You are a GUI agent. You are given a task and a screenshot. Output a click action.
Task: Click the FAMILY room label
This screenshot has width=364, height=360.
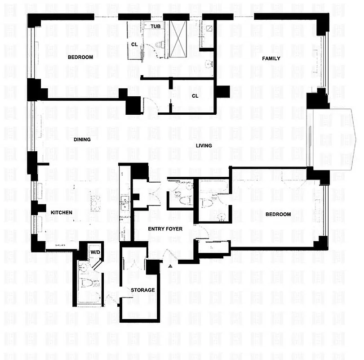coord(271,58)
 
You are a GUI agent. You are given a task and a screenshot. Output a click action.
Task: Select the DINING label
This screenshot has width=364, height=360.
coord(82,139)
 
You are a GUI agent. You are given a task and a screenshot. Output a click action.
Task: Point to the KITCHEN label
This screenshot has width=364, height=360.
coord(62,212)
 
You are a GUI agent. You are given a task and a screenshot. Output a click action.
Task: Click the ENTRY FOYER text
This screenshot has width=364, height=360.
coord(165,229)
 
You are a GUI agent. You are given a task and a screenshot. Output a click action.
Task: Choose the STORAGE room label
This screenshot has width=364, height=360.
coord(143,290)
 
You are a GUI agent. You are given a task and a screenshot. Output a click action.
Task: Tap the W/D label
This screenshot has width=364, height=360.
coord(95,252)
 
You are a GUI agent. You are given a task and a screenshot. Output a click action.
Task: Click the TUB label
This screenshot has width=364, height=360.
coord(155,27)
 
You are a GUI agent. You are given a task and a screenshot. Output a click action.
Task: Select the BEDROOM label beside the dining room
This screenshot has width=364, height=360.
coord(80,57)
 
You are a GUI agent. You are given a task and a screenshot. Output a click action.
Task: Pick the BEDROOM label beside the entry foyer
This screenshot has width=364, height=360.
coord(278,215)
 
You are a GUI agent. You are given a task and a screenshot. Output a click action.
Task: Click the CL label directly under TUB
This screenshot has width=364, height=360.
coord(134,45)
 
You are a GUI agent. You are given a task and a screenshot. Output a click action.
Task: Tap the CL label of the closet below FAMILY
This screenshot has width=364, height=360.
coord(195,96)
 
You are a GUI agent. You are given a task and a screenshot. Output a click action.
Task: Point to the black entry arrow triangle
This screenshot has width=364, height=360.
coord(170,267)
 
